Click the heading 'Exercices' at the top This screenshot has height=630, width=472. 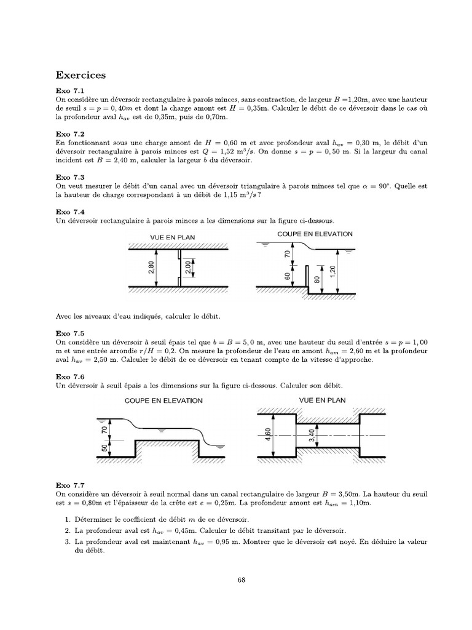pos(81,75)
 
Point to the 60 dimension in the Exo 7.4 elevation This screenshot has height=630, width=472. pos(288,276)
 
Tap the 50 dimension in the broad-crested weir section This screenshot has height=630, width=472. pos(104,449)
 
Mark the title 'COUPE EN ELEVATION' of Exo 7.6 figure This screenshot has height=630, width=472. pos(163,401)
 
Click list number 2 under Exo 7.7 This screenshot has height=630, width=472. pos(68,530)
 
